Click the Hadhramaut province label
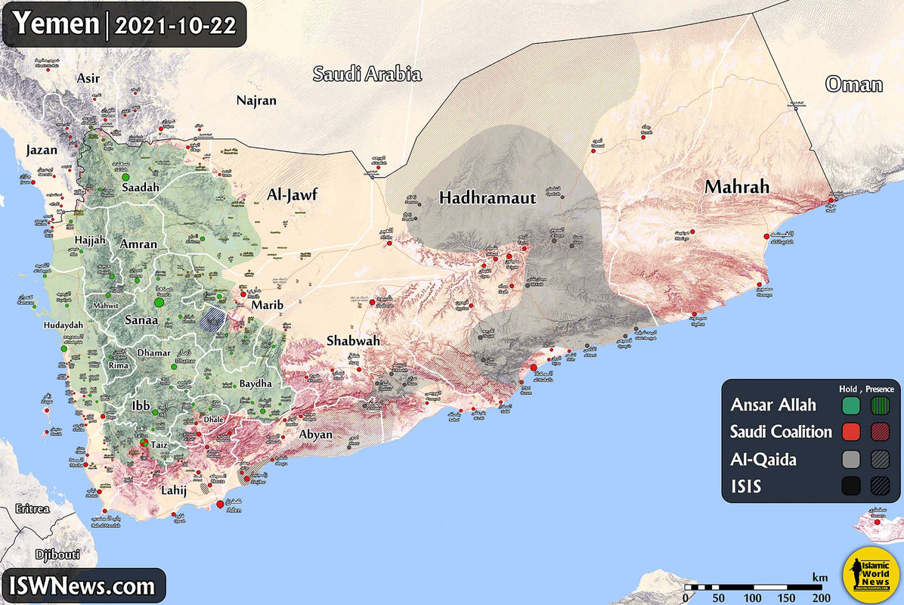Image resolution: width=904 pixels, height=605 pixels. [488, 198]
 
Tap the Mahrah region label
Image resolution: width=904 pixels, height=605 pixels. [737, 186]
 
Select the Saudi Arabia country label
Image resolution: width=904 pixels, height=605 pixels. [367, 74]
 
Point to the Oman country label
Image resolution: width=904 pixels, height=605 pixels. [854, 84]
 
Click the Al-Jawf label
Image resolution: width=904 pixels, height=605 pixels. [293, 196]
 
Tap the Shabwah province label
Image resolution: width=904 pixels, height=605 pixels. [353, 341]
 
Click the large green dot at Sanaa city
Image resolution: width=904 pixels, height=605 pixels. [159, 302]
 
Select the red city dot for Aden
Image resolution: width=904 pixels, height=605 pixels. [220, 504]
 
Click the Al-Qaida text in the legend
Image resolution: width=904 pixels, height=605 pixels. [763, 459]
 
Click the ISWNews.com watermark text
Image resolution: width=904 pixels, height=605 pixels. [83, 585]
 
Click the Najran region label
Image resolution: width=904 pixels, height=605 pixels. [256, 100]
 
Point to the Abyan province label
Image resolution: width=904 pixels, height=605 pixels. [316, 434]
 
